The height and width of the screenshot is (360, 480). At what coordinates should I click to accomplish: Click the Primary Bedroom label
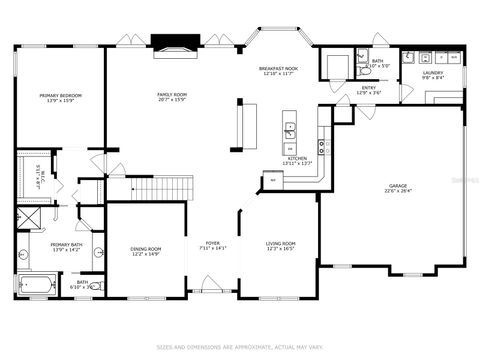[60, 98]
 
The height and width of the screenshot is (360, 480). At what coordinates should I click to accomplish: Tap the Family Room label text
[171, 98]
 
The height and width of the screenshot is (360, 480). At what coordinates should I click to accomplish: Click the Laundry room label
[433, 75]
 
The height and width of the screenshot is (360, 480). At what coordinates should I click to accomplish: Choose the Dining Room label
[146, 251]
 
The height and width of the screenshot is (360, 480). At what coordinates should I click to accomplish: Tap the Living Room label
[280, 246]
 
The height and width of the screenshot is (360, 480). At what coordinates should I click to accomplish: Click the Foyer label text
[212, 245]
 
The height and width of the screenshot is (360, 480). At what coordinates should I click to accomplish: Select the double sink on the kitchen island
[289, 128]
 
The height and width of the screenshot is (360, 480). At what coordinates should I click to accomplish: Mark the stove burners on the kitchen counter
[322, 148]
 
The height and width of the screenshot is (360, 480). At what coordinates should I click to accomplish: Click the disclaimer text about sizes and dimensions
[240, 347]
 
